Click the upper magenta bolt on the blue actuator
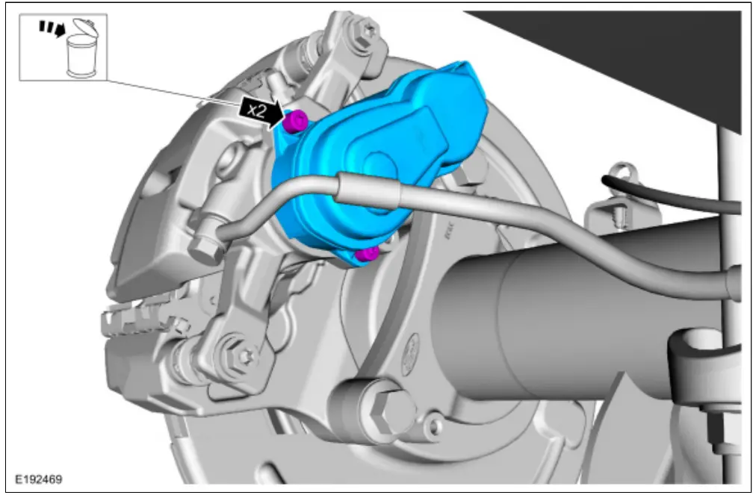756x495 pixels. [295, 122]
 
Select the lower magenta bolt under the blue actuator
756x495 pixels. [367, 254]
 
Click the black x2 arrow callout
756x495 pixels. [261, 112]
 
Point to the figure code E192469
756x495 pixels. [39, 479]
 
